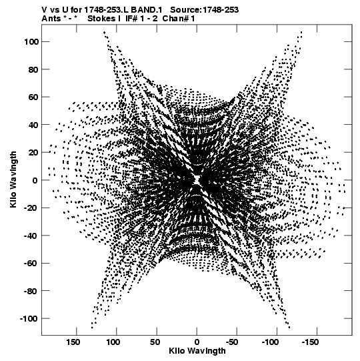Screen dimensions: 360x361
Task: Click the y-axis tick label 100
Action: tap(31, 42)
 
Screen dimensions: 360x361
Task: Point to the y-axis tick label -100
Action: tap(29, 319)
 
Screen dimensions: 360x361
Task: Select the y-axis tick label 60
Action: tap(33, 97)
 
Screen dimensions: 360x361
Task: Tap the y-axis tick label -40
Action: tap(31, 236)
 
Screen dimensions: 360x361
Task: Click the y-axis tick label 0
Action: tap(35, 180)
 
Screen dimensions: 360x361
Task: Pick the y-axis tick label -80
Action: tap(31, 291)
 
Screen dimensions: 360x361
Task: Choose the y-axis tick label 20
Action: tap(33, 153)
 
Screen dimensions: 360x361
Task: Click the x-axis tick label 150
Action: tap(73, 342)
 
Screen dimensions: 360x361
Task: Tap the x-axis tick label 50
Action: tap(155, 342)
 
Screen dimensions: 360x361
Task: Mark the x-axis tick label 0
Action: tap(197, 342)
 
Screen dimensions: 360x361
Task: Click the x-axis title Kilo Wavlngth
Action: tap(197, 351)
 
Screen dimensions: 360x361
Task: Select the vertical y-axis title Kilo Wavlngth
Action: tap(13, 179)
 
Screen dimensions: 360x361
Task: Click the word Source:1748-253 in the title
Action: tap(204, 10)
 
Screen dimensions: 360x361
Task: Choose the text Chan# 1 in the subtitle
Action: tap(179, 19)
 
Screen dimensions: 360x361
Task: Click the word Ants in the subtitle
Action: tap(50, 19)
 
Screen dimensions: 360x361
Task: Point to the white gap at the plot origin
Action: tap(197, 179)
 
